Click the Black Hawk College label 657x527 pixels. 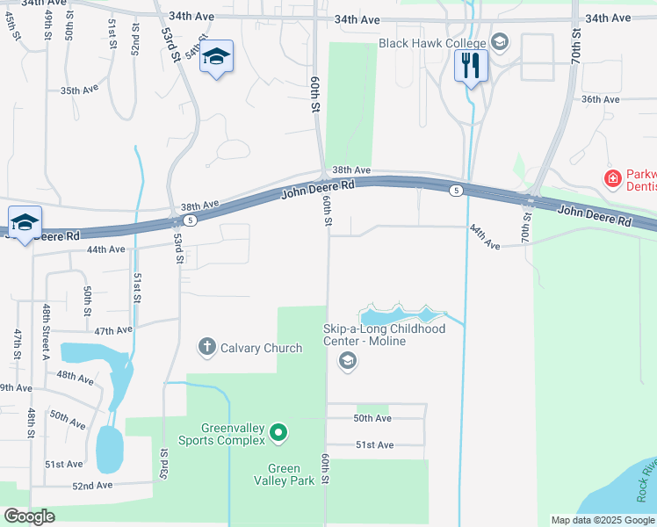(x=432, y=43)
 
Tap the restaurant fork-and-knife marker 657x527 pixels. (x=471, y=65)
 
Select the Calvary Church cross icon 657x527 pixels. (x=206, y=347)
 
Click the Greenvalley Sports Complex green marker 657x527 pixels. (x=278, y=431)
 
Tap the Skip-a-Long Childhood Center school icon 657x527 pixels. (x=348, y=360)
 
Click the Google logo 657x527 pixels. (x=29, y=516)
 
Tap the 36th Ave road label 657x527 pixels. (x=600, y=99)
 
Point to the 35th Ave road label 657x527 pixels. (x=79, y=90)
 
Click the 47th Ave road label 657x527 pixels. (x=114, y=331)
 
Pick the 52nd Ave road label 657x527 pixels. (x=92, y=485)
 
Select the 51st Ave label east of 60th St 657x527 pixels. (x=374, y=445)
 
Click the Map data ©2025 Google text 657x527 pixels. (x=602, y=520)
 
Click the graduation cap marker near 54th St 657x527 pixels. (x=215, y=58)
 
